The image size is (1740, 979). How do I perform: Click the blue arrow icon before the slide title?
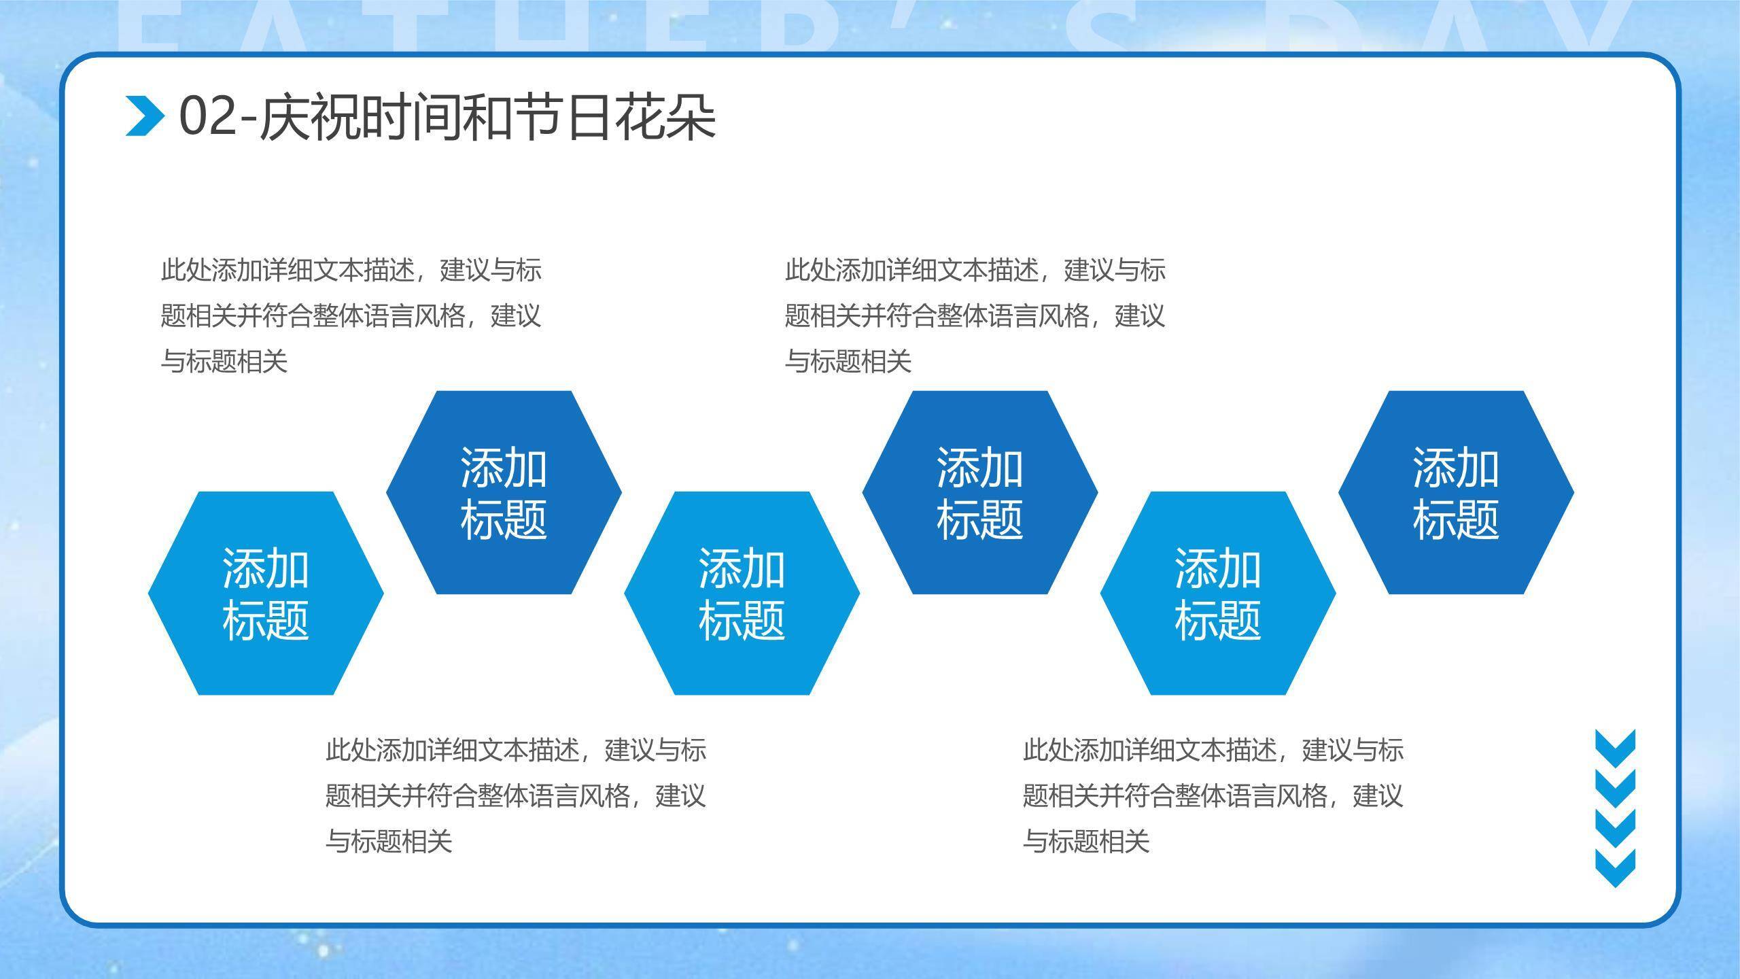point(145,116)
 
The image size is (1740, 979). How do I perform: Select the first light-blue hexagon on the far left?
point(266,594)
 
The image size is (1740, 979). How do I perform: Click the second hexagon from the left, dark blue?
point(504,492)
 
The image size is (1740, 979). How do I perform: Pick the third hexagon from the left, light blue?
point(742,594)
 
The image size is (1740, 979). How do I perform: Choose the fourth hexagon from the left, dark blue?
point(979,492)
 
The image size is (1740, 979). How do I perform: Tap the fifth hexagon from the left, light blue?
point(1217,594)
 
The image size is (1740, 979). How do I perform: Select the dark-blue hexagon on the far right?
point(1455,492)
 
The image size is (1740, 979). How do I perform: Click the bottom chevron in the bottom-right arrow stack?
point(1615,868)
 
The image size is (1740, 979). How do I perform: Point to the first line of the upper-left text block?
point(351,271)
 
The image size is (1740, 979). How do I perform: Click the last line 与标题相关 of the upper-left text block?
point(224,361)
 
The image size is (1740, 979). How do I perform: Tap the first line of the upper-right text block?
point(975,271)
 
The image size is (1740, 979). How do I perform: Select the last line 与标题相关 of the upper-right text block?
point(848,361)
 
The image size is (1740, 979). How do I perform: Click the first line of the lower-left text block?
point(515,751)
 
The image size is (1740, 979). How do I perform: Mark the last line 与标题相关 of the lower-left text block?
point(389,842)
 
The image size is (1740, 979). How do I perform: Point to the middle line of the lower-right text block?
point(1213,796)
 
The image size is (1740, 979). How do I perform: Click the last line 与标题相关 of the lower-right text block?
point(1086,842)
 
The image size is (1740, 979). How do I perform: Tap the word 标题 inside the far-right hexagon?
point(1455,520)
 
